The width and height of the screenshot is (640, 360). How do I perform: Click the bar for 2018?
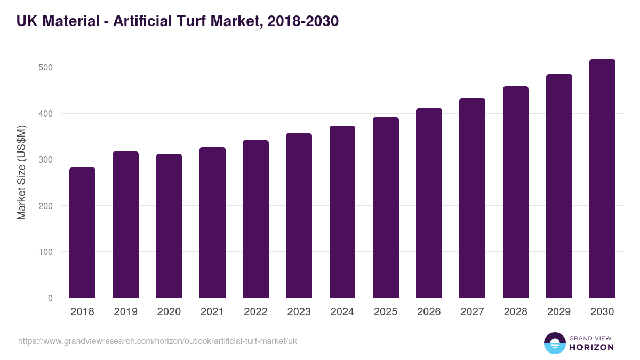(82, 233)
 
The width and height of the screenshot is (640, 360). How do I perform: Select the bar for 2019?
(125, 225)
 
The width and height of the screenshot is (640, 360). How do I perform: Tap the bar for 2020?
(169, 226)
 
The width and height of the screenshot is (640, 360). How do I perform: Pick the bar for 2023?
(299, 215)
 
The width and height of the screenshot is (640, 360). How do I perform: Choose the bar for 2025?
(386, 207)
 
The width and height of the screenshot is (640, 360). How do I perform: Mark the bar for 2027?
(472, 198)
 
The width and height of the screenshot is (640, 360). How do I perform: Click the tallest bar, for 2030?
(602, 179)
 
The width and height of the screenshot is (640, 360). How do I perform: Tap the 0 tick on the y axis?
(50, 298)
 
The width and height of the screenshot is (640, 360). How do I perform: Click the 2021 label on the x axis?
(212, 312)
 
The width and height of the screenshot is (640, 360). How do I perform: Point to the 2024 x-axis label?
(342, 312)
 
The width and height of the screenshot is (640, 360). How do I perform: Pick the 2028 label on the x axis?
(515, 312)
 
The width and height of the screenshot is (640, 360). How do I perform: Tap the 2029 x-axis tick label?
(559, 312)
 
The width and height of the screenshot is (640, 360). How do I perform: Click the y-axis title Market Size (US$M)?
(21, 172)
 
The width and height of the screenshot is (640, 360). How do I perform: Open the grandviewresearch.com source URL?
(157, 341)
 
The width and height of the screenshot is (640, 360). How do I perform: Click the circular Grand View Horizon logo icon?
(555, 343)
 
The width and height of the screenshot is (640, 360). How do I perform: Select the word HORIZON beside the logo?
(591, 347)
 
